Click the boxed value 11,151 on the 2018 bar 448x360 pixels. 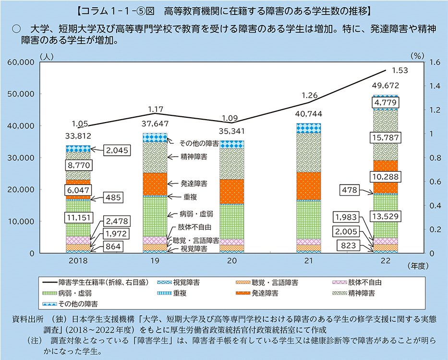(78, 218)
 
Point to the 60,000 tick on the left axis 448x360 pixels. (20, 62)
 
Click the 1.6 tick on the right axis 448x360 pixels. (435, 62)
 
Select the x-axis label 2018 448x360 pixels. (78, 262)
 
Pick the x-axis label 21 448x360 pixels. (309, 262)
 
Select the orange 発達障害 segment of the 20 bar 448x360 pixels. (232, 191)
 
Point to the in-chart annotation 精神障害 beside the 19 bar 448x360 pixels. (194, 156)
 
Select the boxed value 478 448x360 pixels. (349, 190)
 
